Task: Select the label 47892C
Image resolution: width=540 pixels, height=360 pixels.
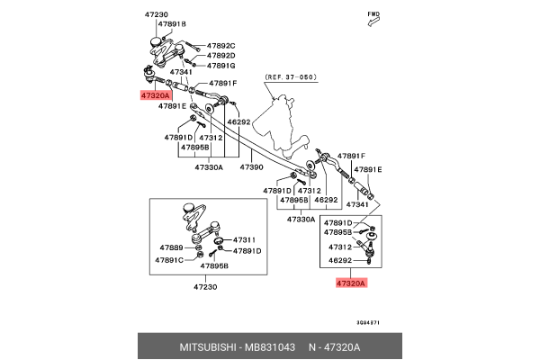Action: tap(220, 45)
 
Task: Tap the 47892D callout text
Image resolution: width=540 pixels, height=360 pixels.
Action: tap(220, 56)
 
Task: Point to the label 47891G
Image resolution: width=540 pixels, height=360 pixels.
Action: tap(220, 66)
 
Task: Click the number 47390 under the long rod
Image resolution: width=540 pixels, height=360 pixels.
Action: tap(251, 166)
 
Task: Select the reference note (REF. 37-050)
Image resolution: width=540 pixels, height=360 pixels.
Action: tap(290, 77)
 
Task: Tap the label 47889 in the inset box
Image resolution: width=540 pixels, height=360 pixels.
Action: tap(171, 247)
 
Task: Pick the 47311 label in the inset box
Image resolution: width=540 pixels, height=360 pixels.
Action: tap(247, 240)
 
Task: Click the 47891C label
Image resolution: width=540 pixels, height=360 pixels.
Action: tap(169, 259)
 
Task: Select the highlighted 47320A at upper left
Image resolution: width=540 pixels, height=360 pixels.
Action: tap(156, 94)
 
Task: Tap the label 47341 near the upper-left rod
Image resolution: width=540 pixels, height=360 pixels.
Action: tap(181, 72)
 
